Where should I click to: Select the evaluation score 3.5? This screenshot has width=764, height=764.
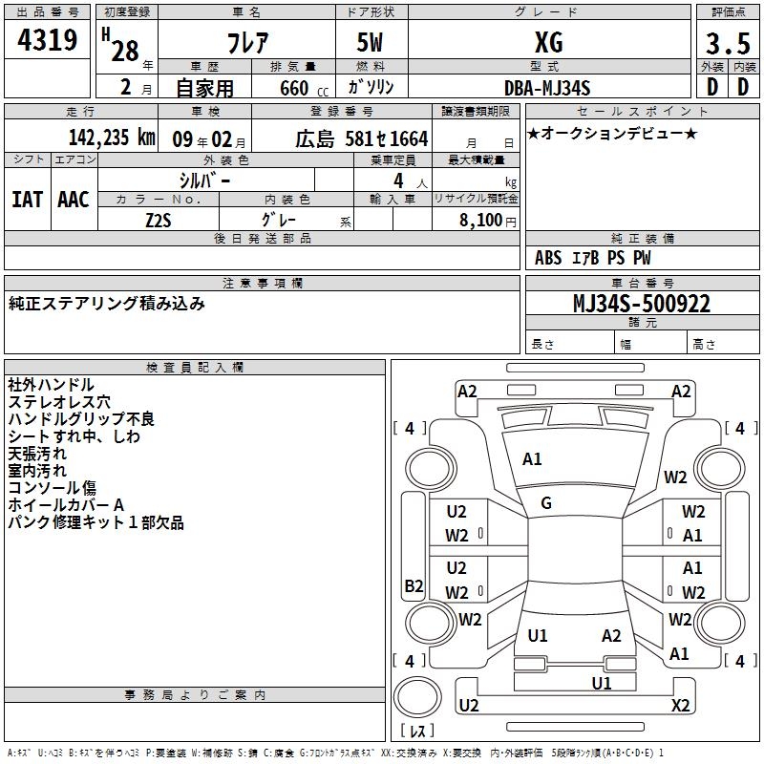726,44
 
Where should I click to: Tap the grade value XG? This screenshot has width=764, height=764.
548,42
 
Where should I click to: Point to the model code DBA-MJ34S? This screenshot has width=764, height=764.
548,88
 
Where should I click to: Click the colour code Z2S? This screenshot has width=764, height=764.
159,221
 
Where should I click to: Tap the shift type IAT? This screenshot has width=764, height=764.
26,200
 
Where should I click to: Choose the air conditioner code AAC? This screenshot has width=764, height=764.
74,200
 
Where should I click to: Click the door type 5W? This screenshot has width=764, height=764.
371,43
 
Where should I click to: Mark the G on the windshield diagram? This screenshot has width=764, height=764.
546,503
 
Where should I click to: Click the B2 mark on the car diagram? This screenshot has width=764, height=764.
414,586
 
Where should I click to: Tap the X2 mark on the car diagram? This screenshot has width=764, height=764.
681,705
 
